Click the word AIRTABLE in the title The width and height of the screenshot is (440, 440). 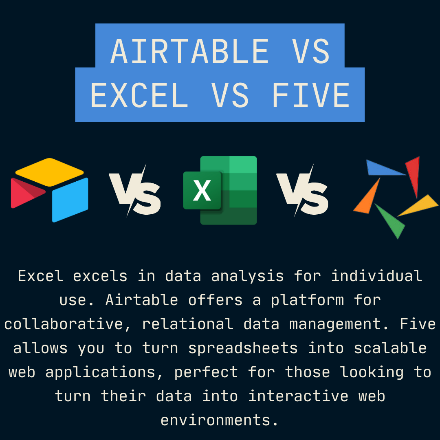coord(190,51)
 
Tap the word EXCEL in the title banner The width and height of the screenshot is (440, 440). coord(139,95)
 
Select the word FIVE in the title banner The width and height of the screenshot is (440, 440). coord(311,95)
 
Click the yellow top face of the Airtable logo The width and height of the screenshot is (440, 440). coord(50,172)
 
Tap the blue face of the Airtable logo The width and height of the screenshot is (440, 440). coord(70,200)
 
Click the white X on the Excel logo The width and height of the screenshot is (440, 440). coord(202,191)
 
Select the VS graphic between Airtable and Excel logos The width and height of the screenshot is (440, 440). coord(135,191)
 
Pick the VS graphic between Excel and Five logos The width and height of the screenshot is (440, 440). coord(302,191)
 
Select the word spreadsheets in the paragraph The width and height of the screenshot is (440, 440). coord(243,349)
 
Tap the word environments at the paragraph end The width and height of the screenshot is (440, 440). coord(220,420)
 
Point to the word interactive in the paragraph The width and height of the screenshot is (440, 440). coord(298,396)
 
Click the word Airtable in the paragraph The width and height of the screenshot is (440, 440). coord(142,300)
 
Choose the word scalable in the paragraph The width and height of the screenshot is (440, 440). coord(390,348)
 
